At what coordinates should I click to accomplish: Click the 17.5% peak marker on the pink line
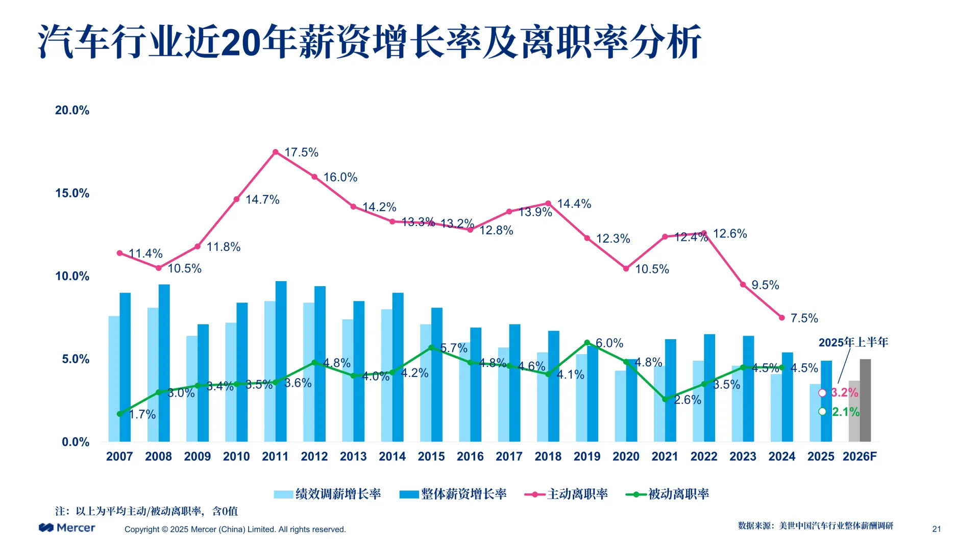point(276,152)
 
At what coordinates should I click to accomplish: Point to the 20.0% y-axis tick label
point(72,110)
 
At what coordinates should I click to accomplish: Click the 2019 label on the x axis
point(587,457)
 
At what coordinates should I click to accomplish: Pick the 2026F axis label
point(860,457)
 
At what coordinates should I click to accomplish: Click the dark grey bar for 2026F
point(865,400)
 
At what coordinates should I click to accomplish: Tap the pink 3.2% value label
point(844,392)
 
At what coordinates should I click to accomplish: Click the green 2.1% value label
point(845,412)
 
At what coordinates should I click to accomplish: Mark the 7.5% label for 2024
point(804,318)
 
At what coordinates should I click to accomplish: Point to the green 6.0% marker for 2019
point(587,343)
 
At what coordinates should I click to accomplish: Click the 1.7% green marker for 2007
point(120,414)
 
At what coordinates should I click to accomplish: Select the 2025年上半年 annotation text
point(853,342)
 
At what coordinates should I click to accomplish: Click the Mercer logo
point(67,528)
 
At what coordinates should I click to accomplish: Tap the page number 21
point(936,529)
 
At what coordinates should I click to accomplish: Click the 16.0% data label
point(340,178)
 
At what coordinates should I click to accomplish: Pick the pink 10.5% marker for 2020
point(626,268)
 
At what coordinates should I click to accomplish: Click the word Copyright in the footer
point(142,530)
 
